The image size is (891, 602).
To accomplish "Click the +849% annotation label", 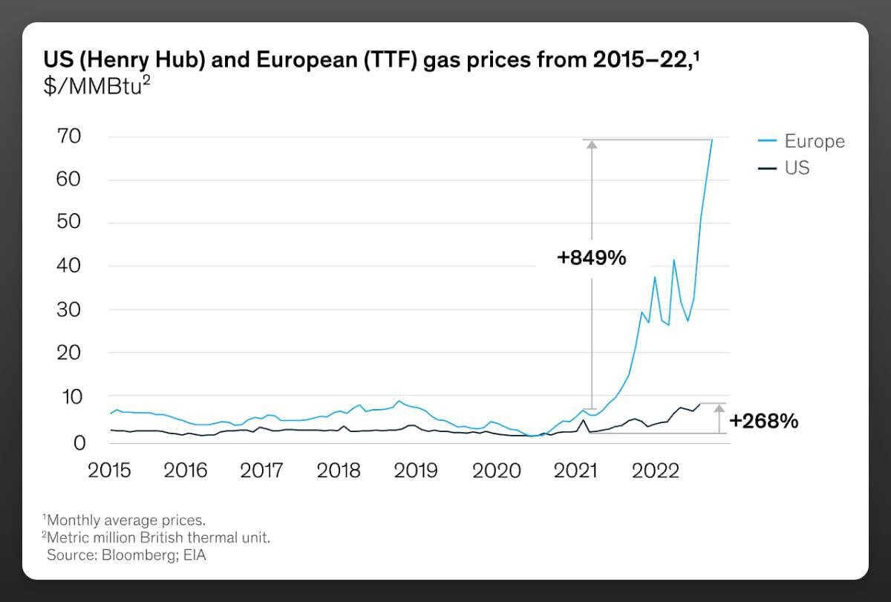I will click(x=592, y=258).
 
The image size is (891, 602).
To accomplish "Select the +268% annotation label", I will click(x=763, y=421).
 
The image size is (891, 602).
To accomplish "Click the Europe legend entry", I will click(x=814, y=141).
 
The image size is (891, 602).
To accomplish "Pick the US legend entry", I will click(x=797, y=168).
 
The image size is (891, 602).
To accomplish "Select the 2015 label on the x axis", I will click(x=109, y=471).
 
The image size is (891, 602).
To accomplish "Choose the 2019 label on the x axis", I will click(x=416, y=471).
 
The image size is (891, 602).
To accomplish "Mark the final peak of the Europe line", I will click(x=712, y=140).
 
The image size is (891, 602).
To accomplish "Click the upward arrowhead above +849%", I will click(x=592, y=145).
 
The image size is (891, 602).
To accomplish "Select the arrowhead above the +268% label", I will click(x=719, y=408).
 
